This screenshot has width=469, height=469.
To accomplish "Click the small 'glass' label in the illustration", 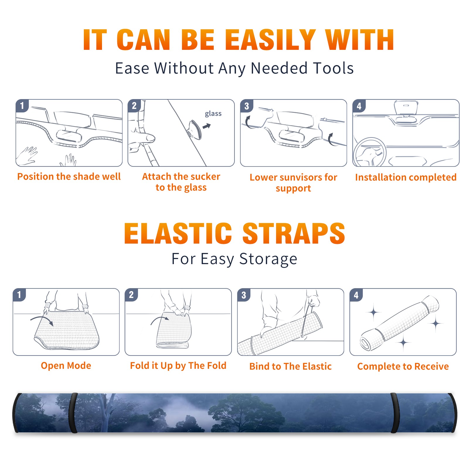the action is point(213,114).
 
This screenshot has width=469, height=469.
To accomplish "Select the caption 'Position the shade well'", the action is point(69,176).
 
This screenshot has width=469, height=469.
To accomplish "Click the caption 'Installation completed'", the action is point(406,177).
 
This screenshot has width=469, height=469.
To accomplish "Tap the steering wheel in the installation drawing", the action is point(370,152).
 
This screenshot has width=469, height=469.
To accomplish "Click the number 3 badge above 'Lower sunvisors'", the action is point(247,106).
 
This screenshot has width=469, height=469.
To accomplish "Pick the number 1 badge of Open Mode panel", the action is point(19,295).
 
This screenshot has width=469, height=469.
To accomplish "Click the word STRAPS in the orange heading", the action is point(294,233).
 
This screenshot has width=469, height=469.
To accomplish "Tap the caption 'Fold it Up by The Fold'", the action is point(178,366).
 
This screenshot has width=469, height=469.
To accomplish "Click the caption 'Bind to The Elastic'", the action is point(290,366).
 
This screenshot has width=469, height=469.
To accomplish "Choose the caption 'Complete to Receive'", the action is point(403,366).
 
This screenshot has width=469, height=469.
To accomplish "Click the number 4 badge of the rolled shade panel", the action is point(356,295).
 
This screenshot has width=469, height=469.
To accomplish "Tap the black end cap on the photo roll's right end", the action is point(453,413).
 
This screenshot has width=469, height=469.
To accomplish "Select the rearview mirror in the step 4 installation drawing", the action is point(406,108).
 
